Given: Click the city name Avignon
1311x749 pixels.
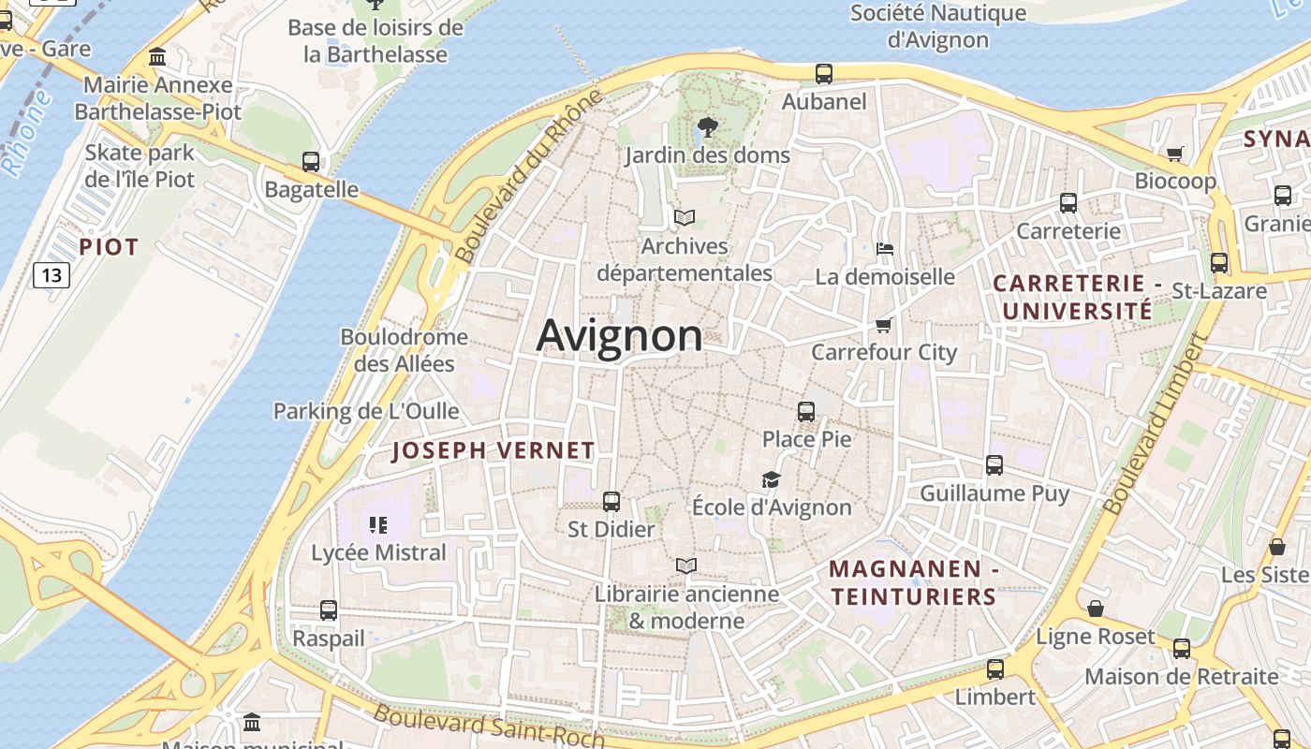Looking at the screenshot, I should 619,335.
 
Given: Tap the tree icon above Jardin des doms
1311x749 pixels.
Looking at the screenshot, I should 708,126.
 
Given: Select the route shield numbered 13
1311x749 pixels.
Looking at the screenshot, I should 52,274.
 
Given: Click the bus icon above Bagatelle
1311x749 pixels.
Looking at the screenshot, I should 311,161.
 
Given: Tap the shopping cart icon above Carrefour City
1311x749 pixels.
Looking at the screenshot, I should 883,325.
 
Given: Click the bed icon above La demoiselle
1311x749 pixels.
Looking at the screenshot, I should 885,249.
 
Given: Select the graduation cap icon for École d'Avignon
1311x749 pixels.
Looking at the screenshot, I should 771,479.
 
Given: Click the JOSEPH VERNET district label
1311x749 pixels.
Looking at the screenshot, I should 493,450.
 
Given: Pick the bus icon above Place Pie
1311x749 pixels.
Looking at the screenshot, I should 806,411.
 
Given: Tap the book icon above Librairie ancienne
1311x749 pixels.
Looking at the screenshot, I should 686,565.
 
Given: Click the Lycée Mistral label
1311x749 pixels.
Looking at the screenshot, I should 378,552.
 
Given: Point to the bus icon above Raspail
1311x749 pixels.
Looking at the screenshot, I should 329,610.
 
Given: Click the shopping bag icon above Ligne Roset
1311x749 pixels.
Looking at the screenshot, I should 1096,609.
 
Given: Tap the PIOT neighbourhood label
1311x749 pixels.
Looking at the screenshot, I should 109,247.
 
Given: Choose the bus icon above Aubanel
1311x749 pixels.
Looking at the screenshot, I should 824,73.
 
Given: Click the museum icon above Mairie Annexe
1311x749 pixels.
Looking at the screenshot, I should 157,57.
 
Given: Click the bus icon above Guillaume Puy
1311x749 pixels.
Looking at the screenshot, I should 994,464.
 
